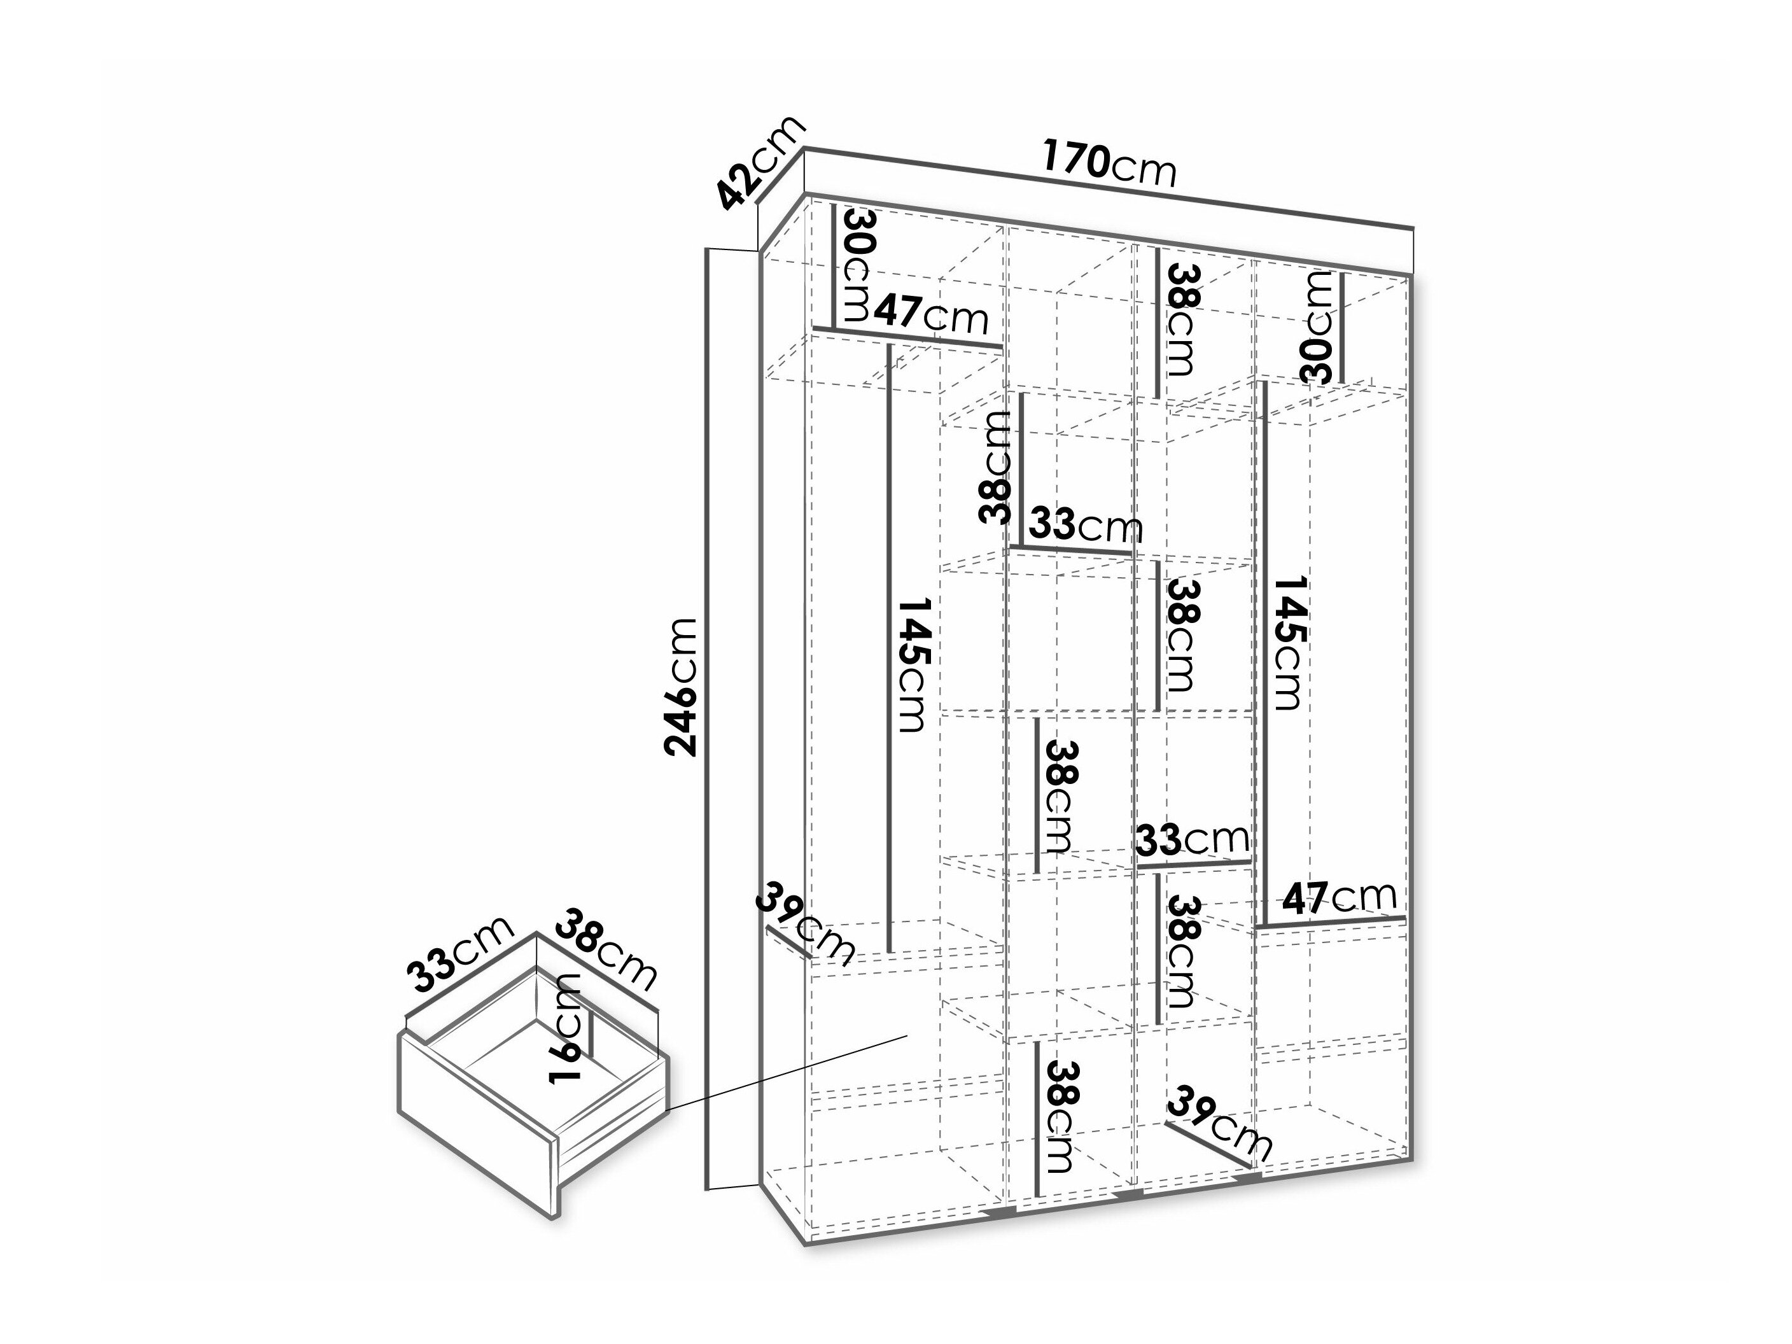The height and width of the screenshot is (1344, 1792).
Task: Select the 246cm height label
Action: tap(680, 687)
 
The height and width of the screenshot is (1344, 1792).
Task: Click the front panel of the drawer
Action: tap(477, 1126)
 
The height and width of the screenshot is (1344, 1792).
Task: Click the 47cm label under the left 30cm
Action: tap(931, 314)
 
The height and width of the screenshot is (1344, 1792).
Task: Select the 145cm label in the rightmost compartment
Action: tap(1287, 643)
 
